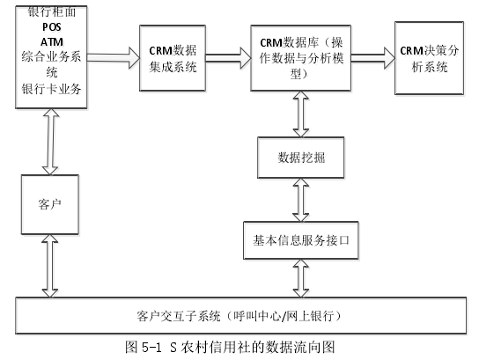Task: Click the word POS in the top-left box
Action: [52, 27]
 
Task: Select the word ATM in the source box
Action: [52, 42]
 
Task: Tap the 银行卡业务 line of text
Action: [51, 89]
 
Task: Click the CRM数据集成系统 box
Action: [173, 58]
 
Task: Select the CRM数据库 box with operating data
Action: [300, 58]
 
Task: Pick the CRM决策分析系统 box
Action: [429, 58]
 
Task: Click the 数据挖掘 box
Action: [301, 158]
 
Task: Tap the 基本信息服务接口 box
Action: [301, 240]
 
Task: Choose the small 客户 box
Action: [50, 204]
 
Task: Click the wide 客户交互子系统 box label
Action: [239, 316]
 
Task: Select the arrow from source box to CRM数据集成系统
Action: [114, 58]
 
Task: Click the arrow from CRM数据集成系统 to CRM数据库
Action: [228, 58]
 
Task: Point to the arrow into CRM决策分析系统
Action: [372, 58]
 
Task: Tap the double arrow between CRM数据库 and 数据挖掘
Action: [301, 114]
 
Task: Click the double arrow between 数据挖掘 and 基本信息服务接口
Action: [301, 200]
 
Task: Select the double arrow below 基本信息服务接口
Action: [301, 278]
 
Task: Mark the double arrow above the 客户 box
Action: [51, 142]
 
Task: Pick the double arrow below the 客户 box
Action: [50, 266]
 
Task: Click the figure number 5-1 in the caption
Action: [151, 347]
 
